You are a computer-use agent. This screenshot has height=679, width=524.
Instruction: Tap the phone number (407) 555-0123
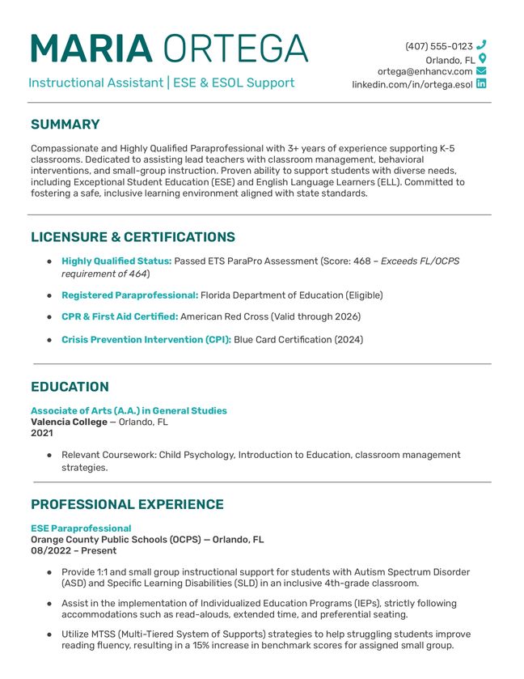pyautogui.click(x=438, y=46)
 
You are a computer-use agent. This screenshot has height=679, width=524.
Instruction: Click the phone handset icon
pyautogui.click(x=482, y=45)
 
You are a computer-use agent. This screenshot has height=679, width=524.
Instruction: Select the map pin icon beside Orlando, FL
pyautogui.click(x=482, y=59)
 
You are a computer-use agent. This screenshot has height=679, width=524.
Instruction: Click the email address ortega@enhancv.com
pyautogui.click(x=425, y=71)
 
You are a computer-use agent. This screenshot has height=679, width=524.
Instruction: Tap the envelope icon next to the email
pyautogui.click(x=482, y=71)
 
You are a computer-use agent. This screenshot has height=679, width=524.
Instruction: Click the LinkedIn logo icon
pyautogui.click(x=482, y=83)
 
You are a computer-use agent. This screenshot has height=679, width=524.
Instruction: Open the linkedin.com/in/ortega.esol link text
pyautogui.click(x=412, y=84)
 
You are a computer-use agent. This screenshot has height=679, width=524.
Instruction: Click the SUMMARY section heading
pyautogui.click(x=65, y=125)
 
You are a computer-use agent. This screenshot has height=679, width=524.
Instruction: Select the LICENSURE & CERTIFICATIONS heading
pyautogui.click(x=133, y=237)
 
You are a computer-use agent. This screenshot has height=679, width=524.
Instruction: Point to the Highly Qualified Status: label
pyautogui.click(x=116, y=261)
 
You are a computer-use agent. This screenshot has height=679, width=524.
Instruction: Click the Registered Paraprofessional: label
pyautogui.click(x=129, y=295)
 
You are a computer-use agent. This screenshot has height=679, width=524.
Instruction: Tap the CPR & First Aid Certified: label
pyautogui.click(x=120, y=316)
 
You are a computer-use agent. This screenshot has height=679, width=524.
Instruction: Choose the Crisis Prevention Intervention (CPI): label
pyautogui.click(x=146, y=340)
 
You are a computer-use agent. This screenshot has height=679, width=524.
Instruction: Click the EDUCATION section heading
pyautogui.click(x=70, y=387)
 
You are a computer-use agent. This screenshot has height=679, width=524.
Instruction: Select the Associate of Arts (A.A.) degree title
pyautogui.click(x=129, y=410)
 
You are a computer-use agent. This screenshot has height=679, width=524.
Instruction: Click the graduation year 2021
pyautogui.click(x=41, y=433)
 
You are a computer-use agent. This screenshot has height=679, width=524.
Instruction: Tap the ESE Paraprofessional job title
pyautogui.click(x=81, y=528)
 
